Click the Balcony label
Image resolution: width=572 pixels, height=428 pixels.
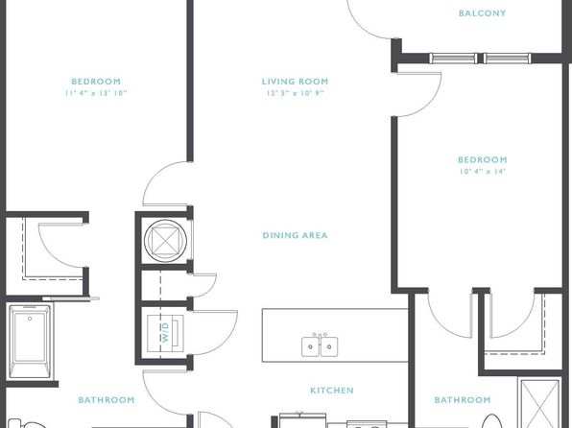482,13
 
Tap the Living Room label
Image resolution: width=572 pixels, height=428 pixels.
296,82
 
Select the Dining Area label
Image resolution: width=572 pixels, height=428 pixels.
296,235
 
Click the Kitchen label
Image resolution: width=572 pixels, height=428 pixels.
332,391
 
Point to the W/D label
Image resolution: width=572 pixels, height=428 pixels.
166,332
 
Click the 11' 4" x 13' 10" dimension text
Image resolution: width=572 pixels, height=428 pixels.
96,93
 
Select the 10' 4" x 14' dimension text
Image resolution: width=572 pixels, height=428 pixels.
482,171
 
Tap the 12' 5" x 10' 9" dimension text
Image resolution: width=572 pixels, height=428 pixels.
296,93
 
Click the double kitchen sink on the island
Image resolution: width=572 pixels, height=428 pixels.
320,345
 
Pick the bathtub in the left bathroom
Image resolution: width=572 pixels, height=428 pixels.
30,341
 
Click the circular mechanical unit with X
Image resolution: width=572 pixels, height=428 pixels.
166,241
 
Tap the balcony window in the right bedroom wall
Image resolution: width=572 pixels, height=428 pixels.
480,58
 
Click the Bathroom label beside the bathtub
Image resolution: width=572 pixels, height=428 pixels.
107,400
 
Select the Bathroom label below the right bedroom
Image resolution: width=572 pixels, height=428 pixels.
463,400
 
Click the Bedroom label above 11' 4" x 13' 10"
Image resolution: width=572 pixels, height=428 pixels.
96,82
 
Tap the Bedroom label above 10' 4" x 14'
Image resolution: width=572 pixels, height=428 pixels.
482,159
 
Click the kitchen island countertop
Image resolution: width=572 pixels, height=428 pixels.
335,335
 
